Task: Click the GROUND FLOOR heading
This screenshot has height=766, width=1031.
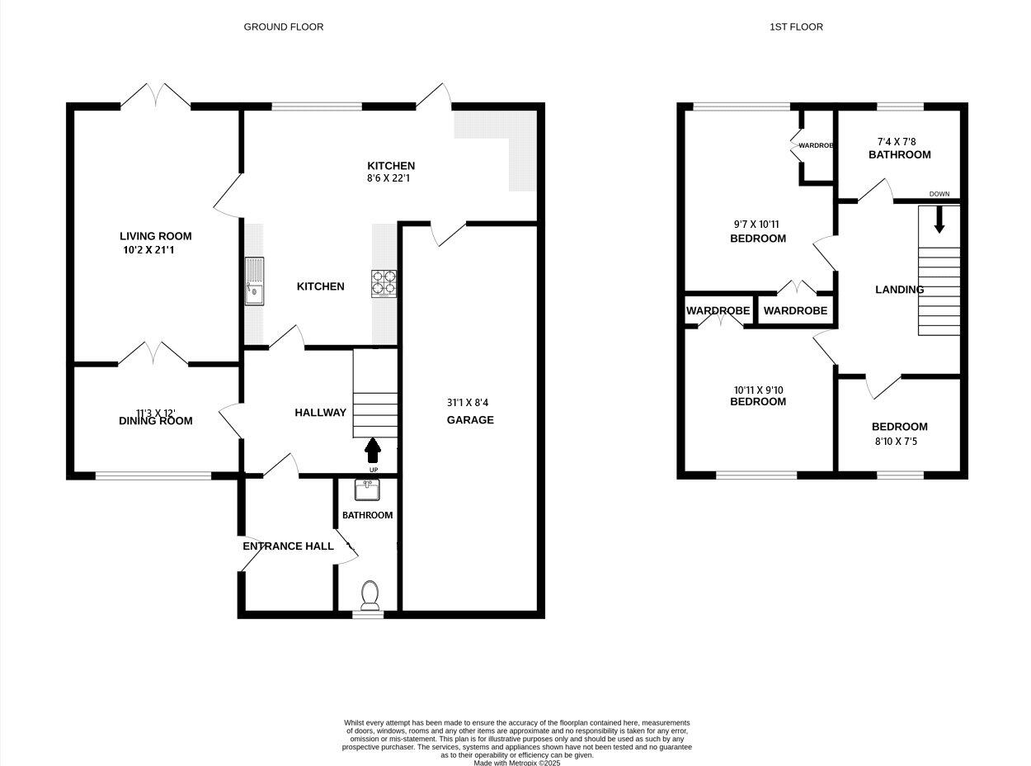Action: coord(283,27)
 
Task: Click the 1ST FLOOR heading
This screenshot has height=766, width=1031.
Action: coord(796,27)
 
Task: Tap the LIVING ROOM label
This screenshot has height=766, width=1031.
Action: coord(155,236)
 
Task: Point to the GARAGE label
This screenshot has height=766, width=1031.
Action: coord(470,420)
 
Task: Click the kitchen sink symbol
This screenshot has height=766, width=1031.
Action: coord(255,281)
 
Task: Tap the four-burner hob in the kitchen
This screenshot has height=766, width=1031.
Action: coord(384,284)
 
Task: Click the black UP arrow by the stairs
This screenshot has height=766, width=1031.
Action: coord(373,450)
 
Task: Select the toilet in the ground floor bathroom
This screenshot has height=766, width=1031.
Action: coord(370,594)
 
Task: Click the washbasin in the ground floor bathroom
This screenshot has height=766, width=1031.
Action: coord(367,490)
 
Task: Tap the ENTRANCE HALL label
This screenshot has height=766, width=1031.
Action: coord(288,546)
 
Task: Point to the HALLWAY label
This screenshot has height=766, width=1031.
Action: coord(320,413)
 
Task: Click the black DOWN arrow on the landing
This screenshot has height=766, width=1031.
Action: coord(939,220)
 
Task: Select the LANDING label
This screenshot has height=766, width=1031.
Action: coord(899,290)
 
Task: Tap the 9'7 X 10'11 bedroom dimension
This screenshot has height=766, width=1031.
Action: coord(756,224)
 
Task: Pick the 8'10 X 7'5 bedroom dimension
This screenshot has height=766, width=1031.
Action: coord(899,442)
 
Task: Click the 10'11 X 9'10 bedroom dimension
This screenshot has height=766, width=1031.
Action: coord(757,390)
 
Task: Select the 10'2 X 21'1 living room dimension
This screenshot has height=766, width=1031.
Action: coord(148,250)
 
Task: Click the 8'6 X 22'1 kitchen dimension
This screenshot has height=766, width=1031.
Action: coord(391,179)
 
